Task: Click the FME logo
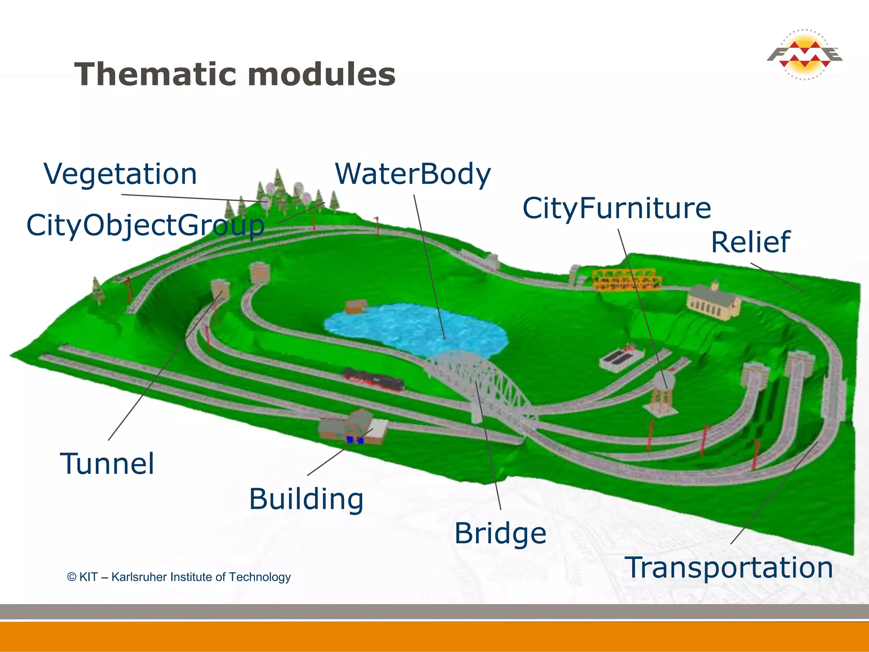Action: point(804,55)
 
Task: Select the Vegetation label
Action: point(121,174)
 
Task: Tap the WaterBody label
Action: point(413,174)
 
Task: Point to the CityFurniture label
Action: point(616,208)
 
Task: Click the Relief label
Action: point(750,242)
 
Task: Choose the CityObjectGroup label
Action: point(145,225)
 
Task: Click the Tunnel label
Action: point(107,464)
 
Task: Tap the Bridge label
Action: point(500,533)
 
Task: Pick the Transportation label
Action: point(729,568)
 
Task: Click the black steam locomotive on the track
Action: point(373,379)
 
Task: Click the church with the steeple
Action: point(713,301)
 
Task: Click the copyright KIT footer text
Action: point(179,577)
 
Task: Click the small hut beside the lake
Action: point(355,306)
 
